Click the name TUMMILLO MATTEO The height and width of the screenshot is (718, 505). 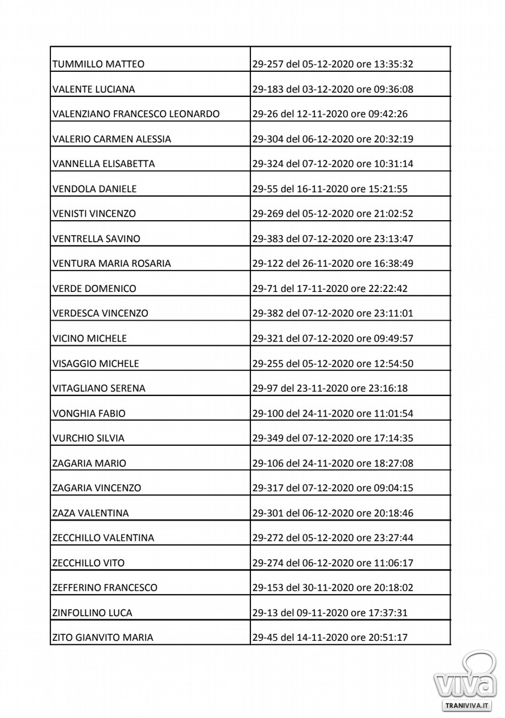pyautogui.click(x=98, y=65)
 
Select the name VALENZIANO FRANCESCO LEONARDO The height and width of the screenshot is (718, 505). pyautogui.click(x=136, y=114)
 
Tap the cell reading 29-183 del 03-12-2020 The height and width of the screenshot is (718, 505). pyautogui.click(x=333, y=90)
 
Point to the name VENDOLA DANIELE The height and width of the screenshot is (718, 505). pyautogui.click(x=95, y=189)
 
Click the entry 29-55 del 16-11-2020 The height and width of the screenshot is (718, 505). pyautogui.click(x=330, y=189)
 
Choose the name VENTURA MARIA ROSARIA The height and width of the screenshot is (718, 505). pyautogui.click(x=111, y=263)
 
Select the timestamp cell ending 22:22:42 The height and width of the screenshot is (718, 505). pyautogui.click(x=330, y=288)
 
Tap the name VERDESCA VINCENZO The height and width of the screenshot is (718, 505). pyautogui.click(x=101, y=314)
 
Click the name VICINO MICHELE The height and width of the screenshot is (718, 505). pyautogui.click(x=90, y=339)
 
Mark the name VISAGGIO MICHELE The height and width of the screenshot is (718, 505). pyautogui.click(x=96, y=364)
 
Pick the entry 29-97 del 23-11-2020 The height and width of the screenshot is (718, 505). pyautogui.click(x=330, y=389)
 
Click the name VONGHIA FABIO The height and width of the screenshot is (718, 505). pyautogui.click(x=89, y=413)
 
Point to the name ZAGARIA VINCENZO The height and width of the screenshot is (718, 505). pyautogui.click(x=97, y=488)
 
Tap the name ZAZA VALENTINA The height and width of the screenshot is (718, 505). pyautogui.click(x=90, y=513)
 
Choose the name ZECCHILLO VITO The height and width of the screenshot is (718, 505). pyautogui.click(x=89, y=563)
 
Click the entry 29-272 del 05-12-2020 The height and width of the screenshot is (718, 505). pyautogui.click(x=333, y=538)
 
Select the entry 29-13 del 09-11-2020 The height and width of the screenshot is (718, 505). pyautogui.click(x=330, y=613)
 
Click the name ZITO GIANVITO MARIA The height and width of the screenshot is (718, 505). pyautogui.click(x=103, y=638)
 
